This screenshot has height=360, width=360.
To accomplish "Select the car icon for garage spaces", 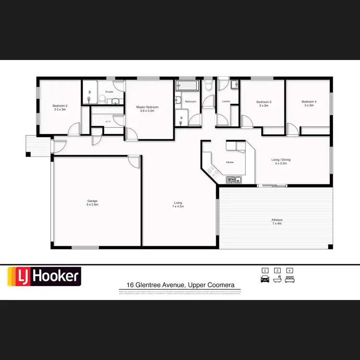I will pyautogui.click(x=264, y=278).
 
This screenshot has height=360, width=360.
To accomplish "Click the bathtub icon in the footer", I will pyautogui.click(x=277, y=278).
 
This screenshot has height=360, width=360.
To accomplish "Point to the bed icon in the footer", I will pyautogui.click(x=289, y=278).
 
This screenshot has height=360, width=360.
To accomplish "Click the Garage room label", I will pyautogui.click(x=93, y=201).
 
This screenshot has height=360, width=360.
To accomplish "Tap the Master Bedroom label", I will pyautogui.click(x=147, y=107).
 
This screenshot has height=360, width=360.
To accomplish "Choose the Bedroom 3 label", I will pyautogui.click(x=264, y=102).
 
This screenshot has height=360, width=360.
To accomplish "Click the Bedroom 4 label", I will pyautogui.click(x=309, y=102).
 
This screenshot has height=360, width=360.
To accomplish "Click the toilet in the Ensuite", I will pyautogui.click(x=102, y=99).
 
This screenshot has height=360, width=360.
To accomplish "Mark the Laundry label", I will pyautogui.click(x=227, y=101).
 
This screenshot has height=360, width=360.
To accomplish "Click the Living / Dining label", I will pyautogui.click(x=281, y=160).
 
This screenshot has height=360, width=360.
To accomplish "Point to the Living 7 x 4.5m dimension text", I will pyautogui.click(x=179, y=206).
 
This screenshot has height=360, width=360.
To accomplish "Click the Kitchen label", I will pyautogui.click(x=230, y=162).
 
